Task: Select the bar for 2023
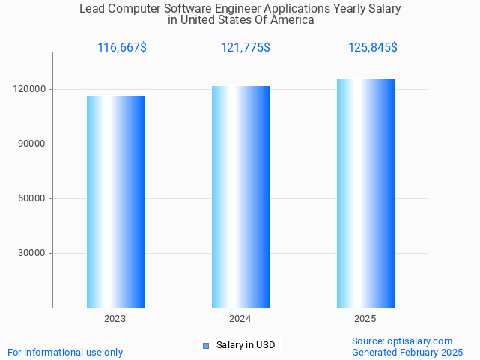115,201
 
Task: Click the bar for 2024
240,196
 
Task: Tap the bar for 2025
365,192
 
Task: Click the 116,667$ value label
122,48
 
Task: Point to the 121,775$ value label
246,48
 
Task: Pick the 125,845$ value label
373,48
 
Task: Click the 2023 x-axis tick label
115,319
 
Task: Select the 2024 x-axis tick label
240,319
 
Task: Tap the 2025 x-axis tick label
365,319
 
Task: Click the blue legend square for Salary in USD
206,345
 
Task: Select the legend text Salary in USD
246,345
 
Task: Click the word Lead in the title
92,9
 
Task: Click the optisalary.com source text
402,341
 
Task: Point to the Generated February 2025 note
407,352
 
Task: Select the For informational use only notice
65,352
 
